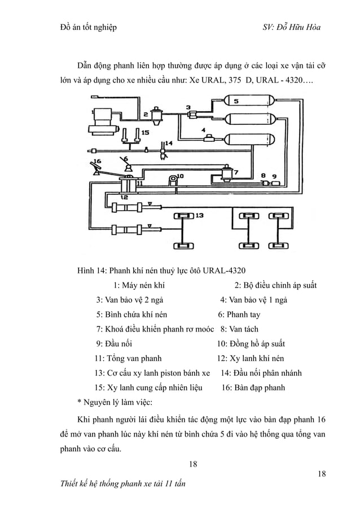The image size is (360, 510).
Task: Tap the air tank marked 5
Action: point(248,102)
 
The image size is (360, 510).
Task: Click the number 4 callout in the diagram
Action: point(203,131)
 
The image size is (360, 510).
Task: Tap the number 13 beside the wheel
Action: point(199,215)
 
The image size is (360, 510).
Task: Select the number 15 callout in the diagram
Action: point(145,133)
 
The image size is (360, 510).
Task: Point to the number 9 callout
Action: point(275,177)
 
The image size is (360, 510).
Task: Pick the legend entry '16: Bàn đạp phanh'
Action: point(253,387)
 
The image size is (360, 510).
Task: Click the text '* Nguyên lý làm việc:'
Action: point(111,402)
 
